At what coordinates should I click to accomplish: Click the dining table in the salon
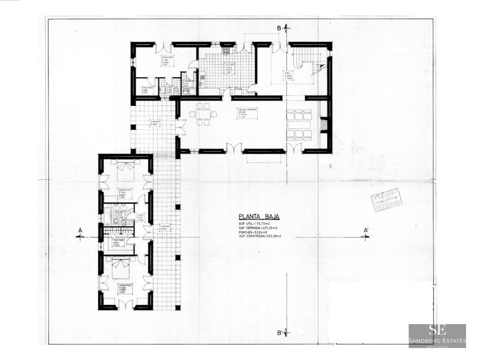203,114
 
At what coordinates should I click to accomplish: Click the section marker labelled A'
365,233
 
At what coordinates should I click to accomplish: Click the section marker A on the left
80,233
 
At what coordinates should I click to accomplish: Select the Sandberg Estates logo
437,335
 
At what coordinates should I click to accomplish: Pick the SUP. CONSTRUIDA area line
259,237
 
